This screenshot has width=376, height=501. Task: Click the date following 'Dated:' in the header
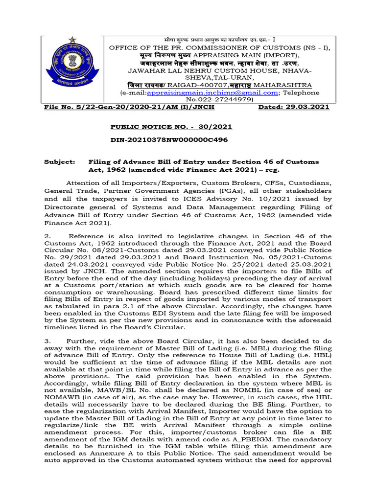click(309, 107)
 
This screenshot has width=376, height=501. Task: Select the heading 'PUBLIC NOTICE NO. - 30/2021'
click(171, 127)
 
